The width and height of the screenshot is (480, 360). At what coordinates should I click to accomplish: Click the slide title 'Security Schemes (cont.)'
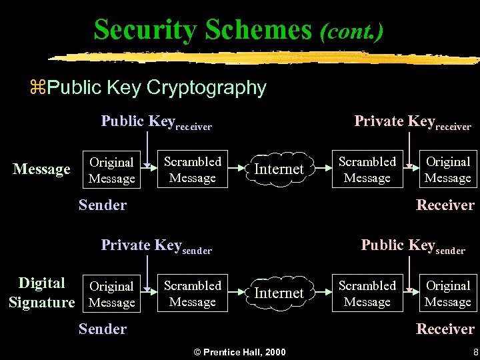(239, 30)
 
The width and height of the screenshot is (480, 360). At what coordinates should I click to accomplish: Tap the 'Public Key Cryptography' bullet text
(157, 87)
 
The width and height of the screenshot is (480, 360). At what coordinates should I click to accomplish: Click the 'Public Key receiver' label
(156, 121)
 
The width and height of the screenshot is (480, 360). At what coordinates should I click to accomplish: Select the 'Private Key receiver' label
(412, 121)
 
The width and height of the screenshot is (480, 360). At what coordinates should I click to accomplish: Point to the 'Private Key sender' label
(156, 245)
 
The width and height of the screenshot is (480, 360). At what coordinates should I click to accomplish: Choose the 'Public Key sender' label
(413, 245)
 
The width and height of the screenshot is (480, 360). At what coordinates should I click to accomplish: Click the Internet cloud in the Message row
(279, 169)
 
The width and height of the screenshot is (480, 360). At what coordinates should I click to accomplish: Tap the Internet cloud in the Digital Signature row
(279, 293)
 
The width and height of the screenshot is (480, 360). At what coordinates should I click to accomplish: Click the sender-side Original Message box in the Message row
(112, 170)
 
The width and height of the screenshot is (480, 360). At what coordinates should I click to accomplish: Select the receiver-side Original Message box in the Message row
(447, 169)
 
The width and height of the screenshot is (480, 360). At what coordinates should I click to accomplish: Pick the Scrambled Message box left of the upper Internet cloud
(193, 169)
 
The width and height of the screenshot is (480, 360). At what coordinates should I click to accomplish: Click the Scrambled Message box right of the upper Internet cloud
(367, 169)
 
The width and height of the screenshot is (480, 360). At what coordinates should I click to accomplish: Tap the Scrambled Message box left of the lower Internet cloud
(193, 293)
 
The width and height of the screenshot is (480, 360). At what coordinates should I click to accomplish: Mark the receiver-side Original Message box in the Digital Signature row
(447, 293)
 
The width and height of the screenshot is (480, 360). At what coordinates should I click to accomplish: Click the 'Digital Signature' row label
(41, 293)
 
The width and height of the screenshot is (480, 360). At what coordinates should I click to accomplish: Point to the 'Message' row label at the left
(41, 170)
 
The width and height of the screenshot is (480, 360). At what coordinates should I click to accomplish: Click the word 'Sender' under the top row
(102, 205)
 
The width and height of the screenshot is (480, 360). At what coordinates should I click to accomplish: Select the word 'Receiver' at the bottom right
(445, 329)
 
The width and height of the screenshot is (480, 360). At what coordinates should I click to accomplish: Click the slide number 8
(475, 351)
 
